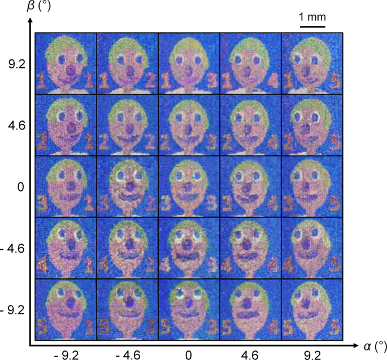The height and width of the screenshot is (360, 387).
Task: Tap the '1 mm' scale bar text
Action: tap(312, 18)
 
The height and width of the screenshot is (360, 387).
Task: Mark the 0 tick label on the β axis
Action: tap(19, 187)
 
